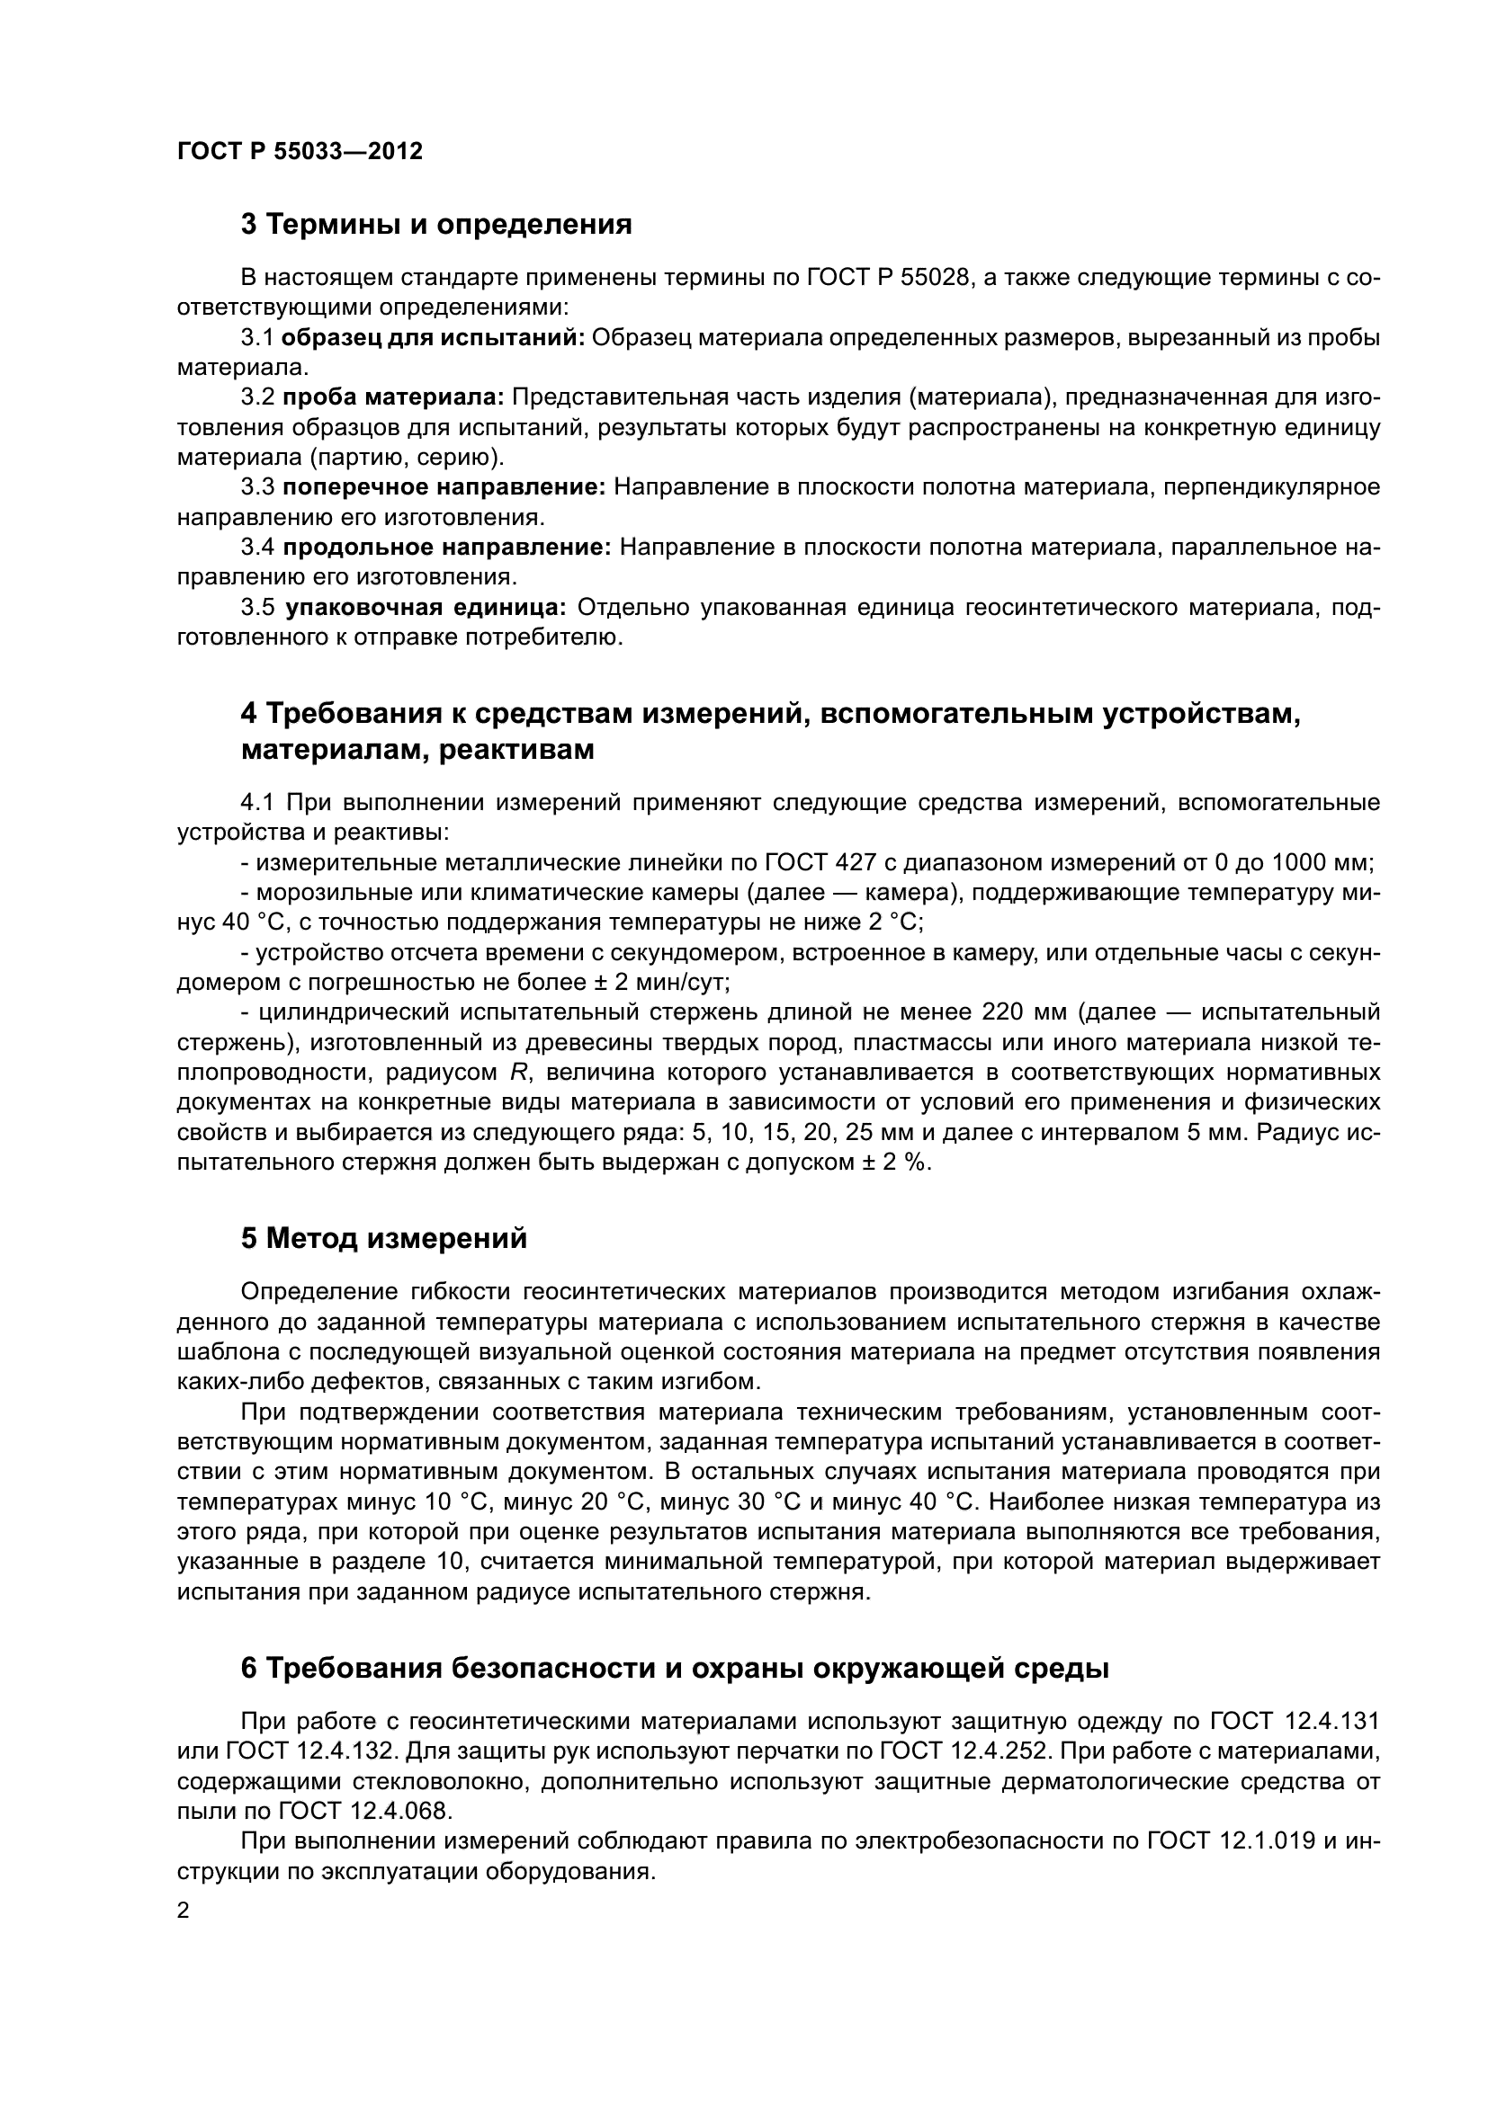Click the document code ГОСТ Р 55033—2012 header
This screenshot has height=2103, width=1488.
point(300,151)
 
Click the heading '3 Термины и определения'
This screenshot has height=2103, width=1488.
point(436,225)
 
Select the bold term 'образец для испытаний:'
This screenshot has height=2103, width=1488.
point(433,338)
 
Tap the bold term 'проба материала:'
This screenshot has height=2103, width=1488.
point(393,397)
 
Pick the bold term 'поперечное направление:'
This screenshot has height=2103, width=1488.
point(444,487)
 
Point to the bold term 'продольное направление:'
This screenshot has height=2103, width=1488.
point(446,548)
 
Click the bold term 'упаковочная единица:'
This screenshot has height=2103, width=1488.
point(426,607)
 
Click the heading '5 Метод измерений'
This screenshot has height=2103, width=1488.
point(384,1238)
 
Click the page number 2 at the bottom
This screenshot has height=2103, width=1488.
point(184,1911)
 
